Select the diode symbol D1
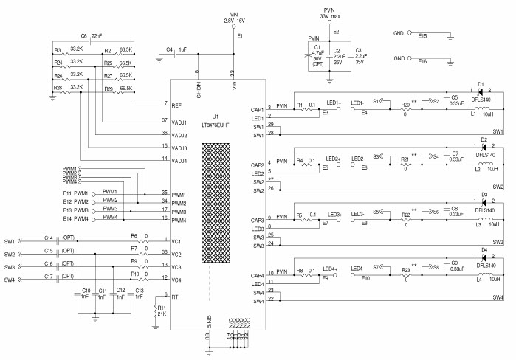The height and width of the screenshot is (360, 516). (482, 94)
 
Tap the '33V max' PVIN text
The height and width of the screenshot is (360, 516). (330, 15)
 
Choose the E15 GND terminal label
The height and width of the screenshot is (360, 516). (422, 34)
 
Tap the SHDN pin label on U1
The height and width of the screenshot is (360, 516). (198, 89)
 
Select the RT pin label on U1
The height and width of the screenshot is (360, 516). (176, 296)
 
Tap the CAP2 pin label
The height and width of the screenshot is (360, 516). (258, 165)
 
